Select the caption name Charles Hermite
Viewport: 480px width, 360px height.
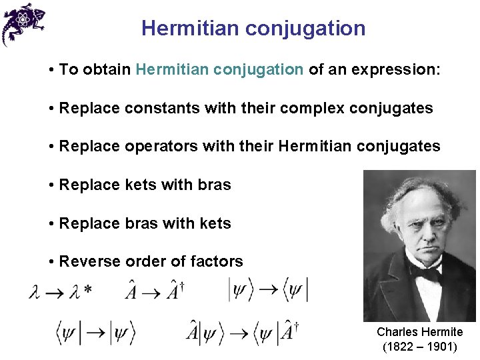click(419, 332)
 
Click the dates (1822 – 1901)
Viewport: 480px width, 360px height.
click(419, 347)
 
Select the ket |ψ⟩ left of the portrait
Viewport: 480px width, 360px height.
click(241, 289)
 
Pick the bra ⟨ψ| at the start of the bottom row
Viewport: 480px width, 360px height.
click(68, 332)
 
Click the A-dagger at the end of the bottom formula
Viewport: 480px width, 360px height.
click(289, 331)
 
